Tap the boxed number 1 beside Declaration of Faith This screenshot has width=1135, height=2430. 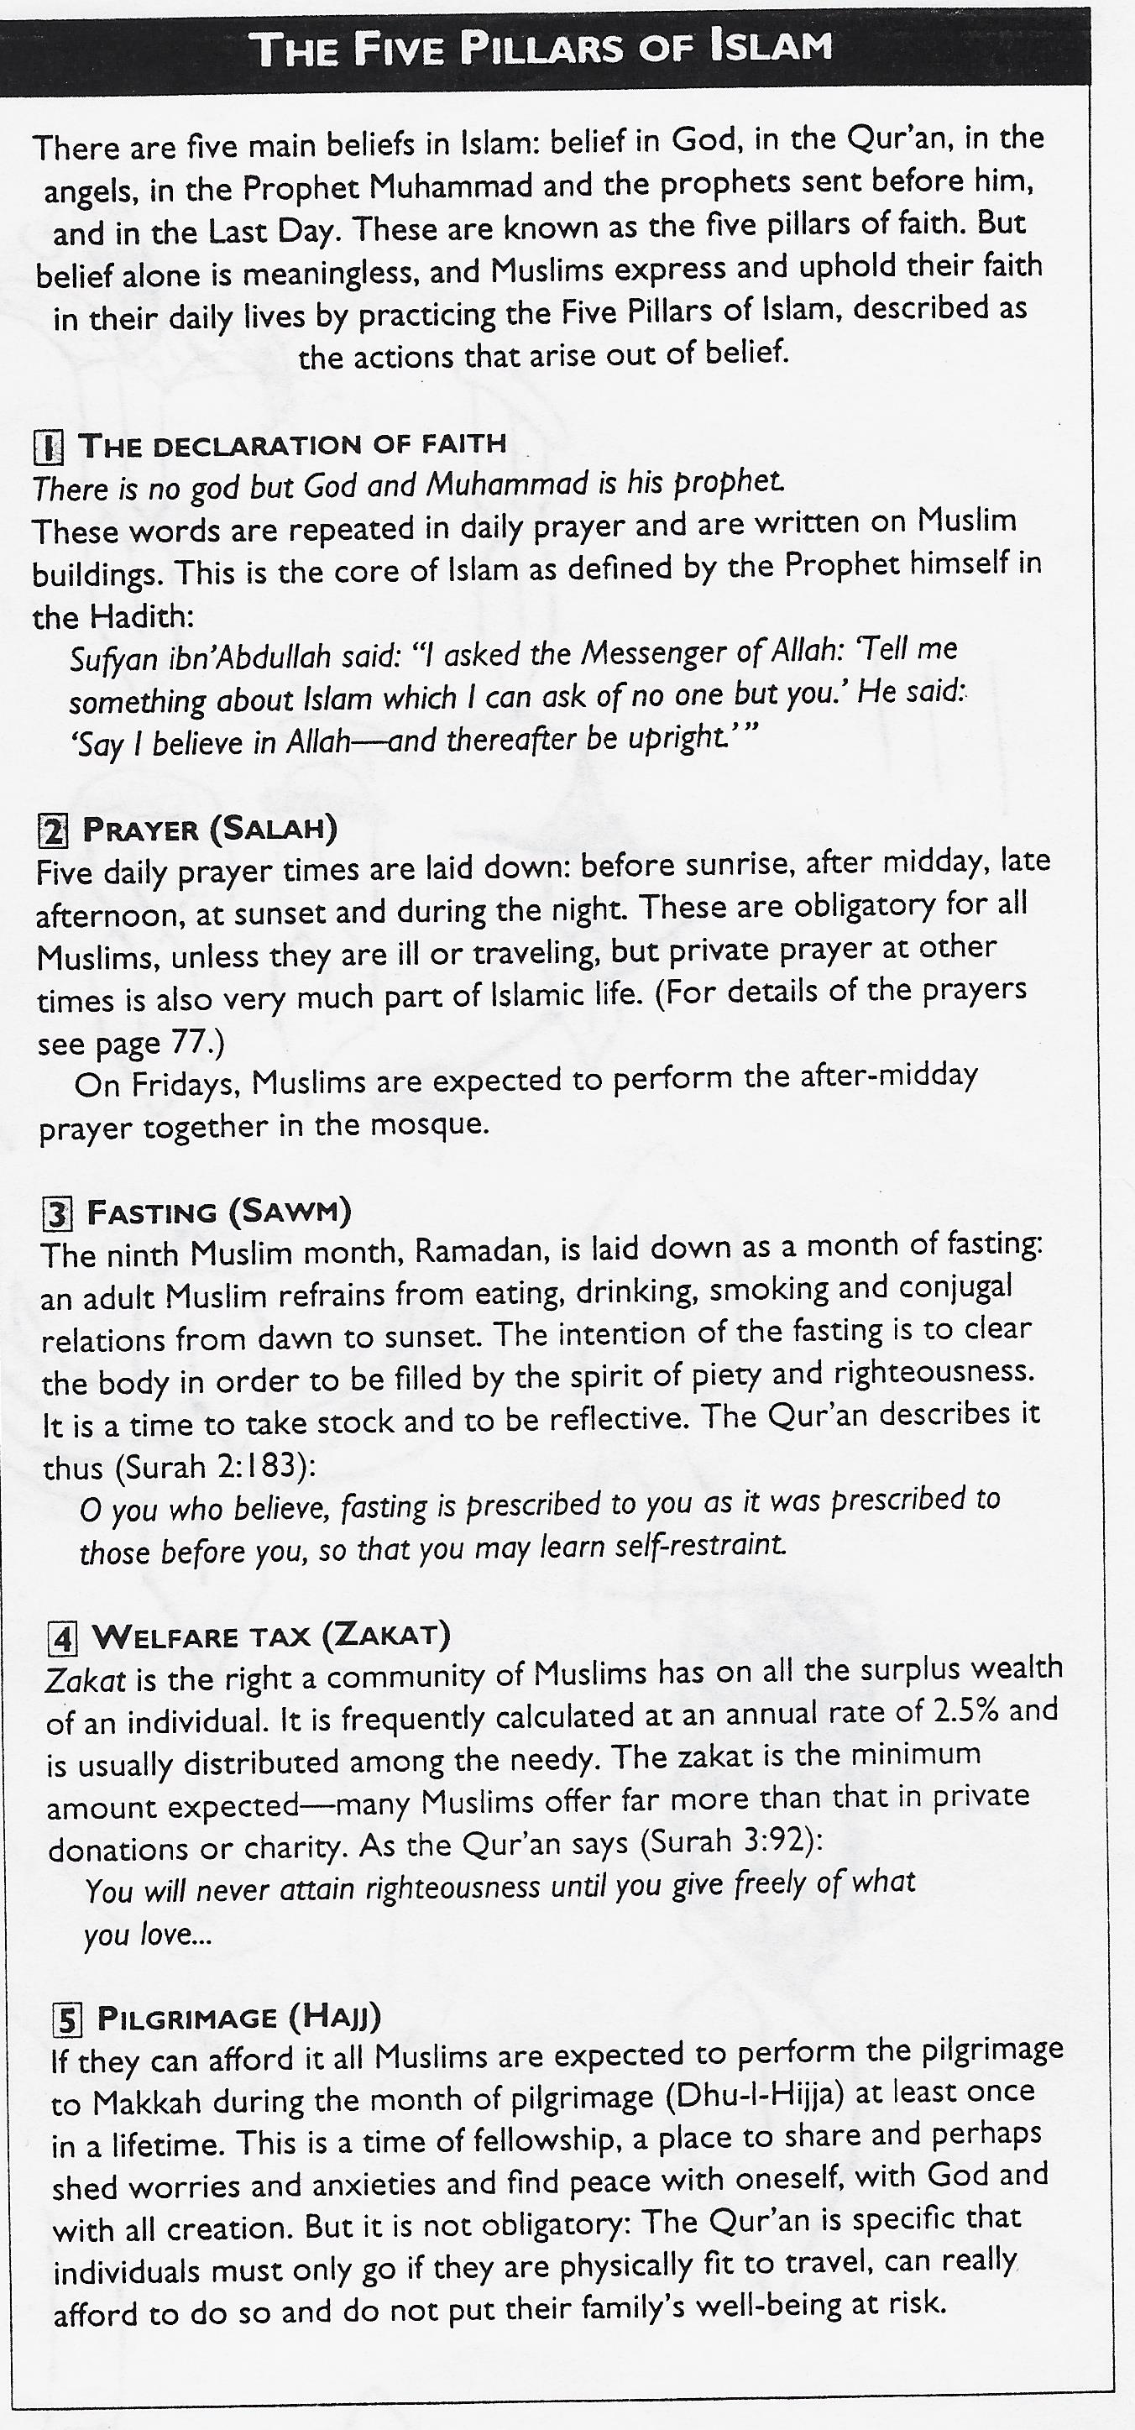[x=48, y=448]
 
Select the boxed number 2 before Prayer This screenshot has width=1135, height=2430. [x=53, y=831]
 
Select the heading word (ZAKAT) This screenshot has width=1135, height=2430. [x=386, y=1635]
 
